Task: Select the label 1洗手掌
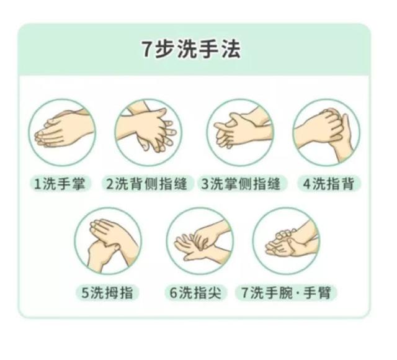[62, 184]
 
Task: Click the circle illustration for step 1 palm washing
[62, 132]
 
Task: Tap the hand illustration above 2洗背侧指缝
[148, 132]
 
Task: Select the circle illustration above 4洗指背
[326, 132]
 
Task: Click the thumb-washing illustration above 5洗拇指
[108, 241]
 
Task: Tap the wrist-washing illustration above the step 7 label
[286, 241]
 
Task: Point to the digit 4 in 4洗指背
[306, 184]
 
